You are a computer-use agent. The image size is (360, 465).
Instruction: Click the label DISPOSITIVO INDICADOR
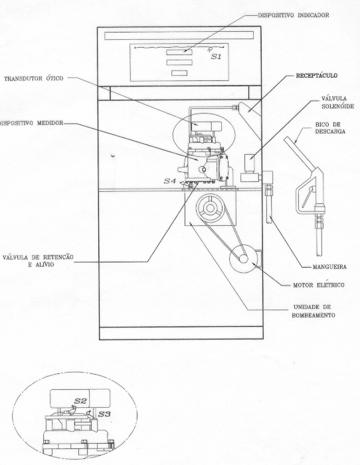(294, 15)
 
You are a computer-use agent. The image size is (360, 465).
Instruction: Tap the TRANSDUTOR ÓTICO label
(33, 78)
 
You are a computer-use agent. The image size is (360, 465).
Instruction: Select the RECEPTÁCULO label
(316, 76)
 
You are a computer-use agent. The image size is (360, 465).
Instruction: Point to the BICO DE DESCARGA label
(330, 128)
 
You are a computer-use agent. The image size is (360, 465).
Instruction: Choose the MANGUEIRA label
(329, 267)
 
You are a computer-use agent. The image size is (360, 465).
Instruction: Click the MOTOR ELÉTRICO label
(319, 285)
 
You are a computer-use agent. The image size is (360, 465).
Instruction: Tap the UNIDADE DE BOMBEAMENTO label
(313, 311)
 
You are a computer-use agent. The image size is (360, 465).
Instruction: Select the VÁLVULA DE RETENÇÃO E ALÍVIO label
(38, 260)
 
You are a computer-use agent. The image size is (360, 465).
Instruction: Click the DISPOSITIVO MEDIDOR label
(31, 123)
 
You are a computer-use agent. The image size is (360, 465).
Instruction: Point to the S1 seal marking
(216, 56)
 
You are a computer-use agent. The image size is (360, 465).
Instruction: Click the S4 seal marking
(170, 181)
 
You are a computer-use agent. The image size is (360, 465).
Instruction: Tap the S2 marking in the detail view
(80, 401)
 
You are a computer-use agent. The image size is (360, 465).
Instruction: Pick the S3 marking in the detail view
(104, 414)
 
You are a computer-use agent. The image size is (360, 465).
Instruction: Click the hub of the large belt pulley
(211, 208)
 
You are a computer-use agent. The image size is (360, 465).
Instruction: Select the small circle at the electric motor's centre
(244, 259)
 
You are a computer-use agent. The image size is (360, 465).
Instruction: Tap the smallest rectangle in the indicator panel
(179, 73)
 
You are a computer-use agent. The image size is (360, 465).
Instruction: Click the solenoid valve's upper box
(250, 163)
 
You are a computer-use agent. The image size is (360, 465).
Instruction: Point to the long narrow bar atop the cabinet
(179, 36)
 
